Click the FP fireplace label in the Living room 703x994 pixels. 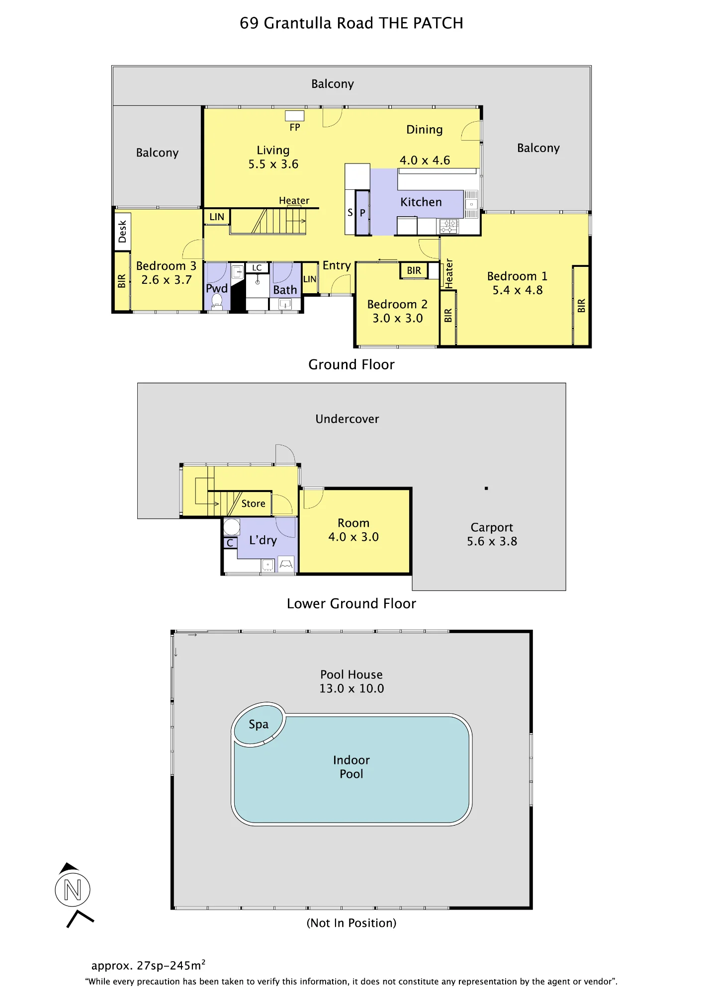tap(295, 127)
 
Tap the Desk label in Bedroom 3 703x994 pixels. tap(122, 232)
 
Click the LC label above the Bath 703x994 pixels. tap(257, 268)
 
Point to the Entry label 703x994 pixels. tap(337, 265)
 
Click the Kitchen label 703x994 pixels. tap(421, 202)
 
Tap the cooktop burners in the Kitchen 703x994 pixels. tap(448, 227)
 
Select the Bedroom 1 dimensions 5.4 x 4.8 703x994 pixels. tap(518, 290)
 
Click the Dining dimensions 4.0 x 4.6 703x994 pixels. tap(425, 161)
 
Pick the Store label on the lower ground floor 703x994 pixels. tap(254, 503)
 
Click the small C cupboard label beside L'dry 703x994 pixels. tap(230, 543)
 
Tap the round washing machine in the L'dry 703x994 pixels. tap(232, 527)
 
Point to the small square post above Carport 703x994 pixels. tap(486, 489)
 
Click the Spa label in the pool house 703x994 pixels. tap(259, 725)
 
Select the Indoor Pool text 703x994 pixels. tap(351, 767)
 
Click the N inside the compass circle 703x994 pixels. tap(73, 890)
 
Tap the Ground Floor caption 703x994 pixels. tap(351, 364)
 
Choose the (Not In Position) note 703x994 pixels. tap(351, 923)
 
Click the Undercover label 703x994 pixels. tap(347, 419)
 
